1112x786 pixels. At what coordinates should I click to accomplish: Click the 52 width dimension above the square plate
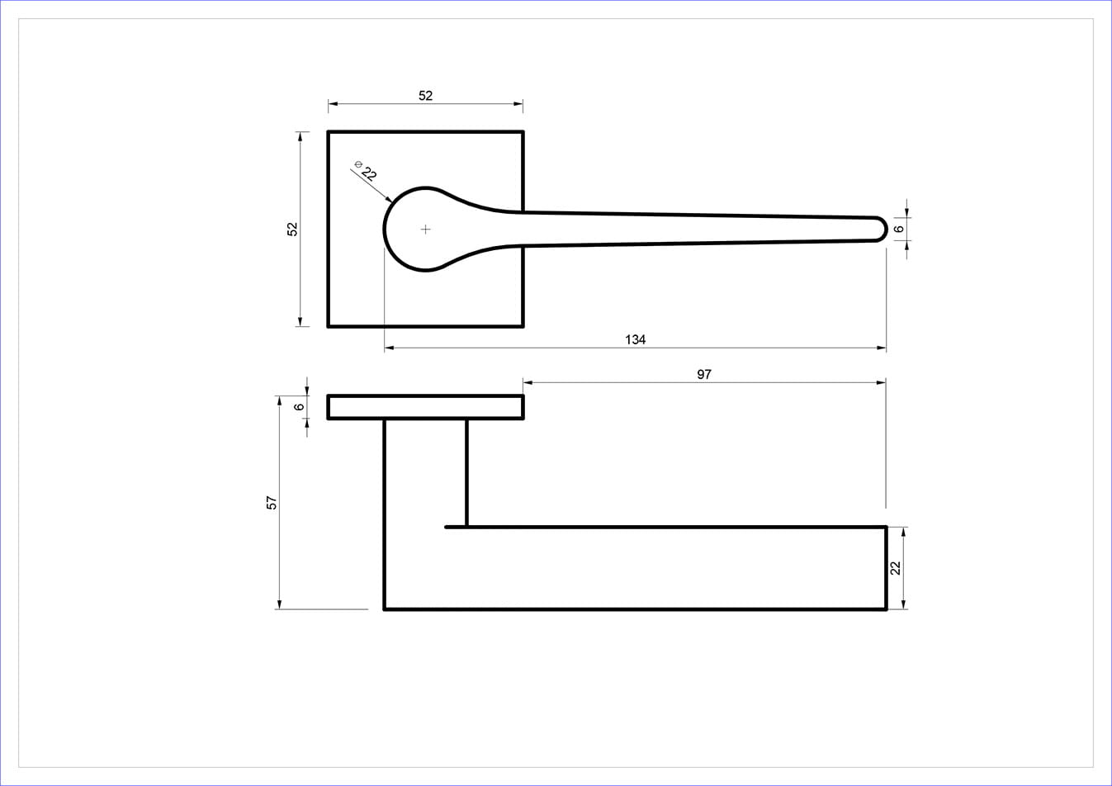425,95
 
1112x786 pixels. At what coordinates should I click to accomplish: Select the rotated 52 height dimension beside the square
292,229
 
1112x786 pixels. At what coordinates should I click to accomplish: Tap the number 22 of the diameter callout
369,173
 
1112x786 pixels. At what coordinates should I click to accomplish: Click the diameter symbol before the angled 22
358,163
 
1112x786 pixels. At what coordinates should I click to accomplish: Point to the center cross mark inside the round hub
425,230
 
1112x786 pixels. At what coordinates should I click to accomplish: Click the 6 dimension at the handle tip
898,229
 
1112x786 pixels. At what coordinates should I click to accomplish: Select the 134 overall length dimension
635,339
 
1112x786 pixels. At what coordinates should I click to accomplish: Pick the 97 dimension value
704,374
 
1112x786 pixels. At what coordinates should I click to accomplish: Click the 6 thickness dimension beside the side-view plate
299,407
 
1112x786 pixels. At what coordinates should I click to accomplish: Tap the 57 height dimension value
272,503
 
